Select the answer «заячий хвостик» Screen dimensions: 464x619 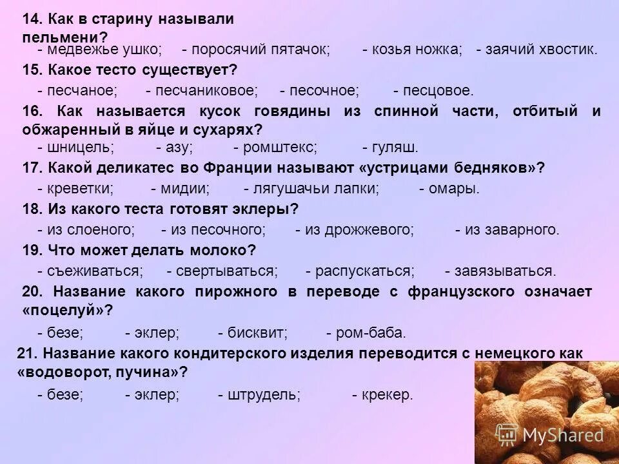[x=542, y=50]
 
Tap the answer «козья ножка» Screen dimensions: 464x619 [x=417, y=50]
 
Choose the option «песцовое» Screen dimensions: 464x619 [x=438, y=91]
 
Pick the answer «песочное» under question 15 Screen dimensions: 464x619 [x=324, y=91]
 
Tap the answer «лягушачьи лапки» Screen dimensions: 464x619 [x=317, y=188]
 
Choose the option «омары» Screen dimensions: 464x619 [x=454, y=188]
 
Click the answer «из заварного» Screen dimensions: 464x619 [x=512, y=229]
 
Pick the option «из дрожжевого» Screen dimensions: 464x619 [x=359, y=229]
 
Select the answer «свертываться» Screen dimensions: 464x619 [x=227, y=271]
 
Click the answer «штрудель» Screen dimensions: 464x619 [x=264, y=394]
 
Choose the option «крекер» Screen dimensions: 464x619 [x=387, y=394]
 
